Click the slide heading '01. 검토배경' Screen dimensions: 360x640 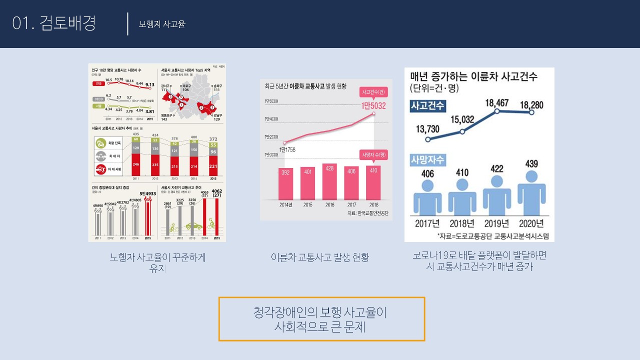click(x=54, y=23)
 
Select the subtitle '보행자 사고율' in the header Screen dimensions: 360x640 click(x=162, y=24)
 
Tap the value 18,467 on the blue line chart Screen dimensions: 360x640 click(x=496, y=103)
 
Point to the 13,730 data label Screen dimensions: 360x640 click(x=427, y=129)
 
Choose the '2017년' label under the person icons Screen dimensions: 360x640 click(x=427, y=223)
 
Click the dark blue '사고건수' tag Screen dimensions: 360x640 click(x=427, y=106)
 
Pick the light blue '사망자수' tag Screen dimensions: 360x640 click(x=427, y=160)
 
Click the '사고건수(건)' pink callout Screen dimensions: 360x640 click(x=373, y=92)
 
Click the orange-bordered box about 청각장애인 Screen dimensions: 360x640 click(x=321, y=319)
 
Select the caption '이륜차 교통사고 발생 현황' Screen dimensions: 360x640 click(x=320, y=257)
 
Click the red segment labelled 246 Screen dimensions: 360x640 click(x=135, y=164)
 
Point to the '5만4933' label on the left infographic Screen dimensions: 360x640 click(x=148, y=192)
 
